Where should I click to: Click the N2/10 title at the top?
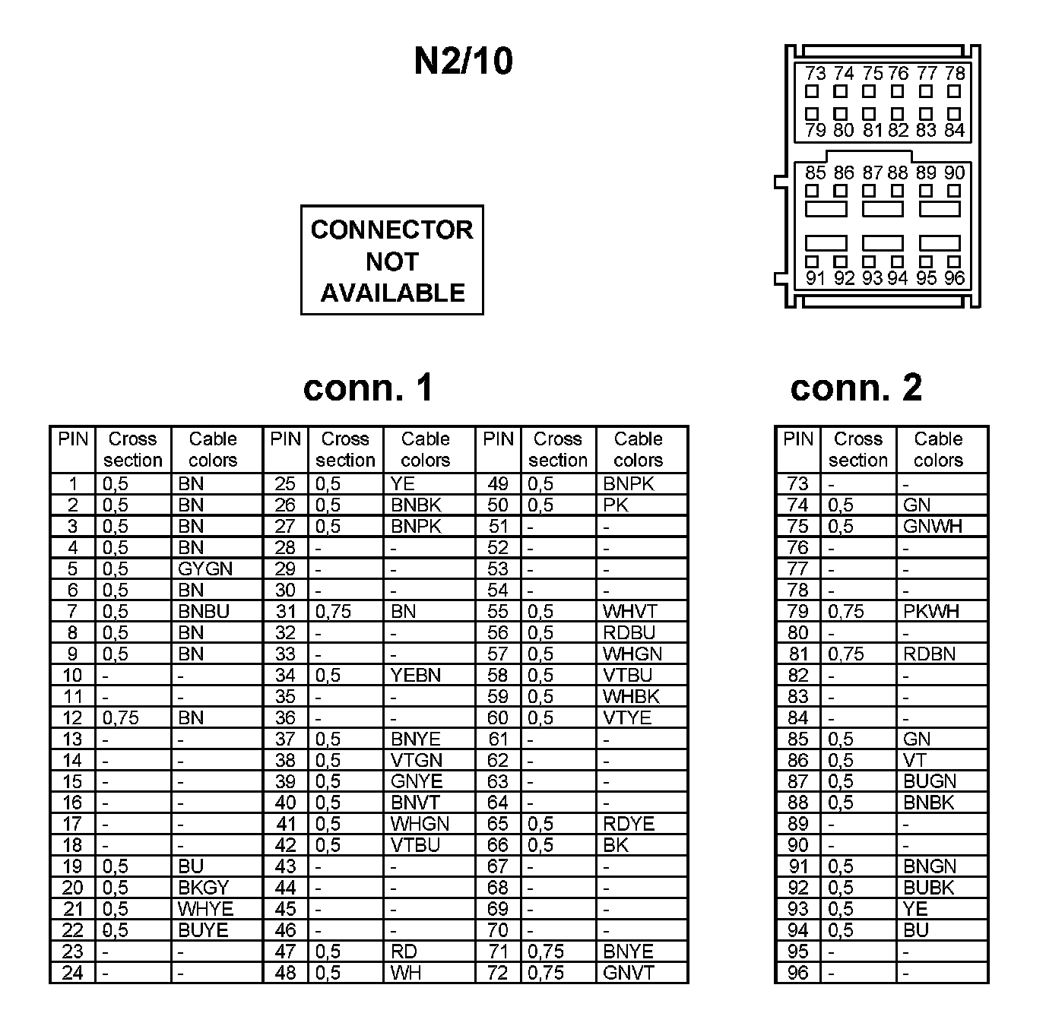point(463,62)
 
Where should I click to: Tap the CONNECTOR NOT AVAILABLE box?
point(391,260)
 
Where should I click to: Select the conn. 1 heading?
point(368,388)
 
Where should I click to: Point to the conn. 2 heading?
point(856,388)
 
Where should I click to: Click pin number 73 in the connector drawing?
point(815,74)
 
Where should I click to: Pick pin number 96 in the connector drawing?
point(955,278)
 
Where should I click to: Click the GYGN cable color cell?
point(205,569)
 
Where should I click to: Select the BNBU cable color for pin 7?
point(203,612)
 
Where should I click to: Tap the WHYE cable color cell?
point(205,910)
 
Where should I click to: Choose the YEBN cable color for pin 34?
point(415,676)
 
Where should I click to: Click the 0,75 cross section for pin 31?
point(334,612)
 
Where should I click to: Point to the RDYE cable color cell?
point(628,825)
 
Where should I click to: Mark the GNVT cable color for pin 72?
point(628,974)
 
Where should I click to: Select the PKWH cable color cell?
point(931,612)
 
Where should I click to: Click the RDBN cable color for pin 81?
point(929,654)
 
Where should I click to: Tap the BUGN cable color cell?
point(930,782)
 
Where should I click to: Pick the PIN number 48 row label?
point(285,974)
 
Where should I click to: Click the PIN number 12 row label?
point(72,718)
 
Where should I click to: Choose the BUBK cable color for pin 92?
point(928,888)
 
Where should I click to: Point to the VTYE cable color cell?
point(627,718)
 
